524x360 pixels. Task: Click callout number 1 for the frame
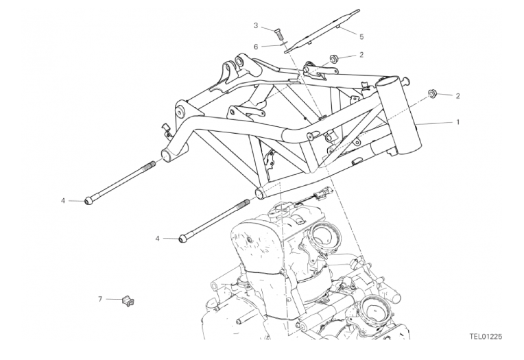(x=458, y=122)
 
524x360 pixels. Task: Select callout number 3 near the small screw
(x=256, y=25)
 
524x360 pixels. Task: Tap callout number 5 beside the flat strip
(x=361, y=37)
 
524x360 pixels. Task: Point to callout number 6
(x=256, y=47)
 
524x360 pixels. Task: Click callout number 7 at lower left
(x=100, y=299)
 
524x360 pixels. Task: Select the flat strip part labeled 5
(x=322, y=31)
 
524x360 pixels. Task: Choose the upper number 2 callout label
(x=361, y=55)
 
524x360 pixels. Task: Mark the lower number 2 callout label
(x=458, y=96)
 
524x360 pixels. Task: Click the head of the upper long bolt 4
(x=88, y=201)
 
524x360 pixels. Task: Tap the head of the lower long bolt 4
(x=182, y=239)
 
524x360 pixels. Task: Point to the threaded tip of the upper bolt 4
(x=150, y=164)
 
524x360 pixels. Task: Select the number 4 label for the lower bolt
(x=157, y=239)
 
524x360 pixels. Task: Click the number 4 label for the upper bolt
(x=63, y=201)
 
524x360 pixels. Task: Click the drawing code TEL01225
(x=486, y=337)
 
